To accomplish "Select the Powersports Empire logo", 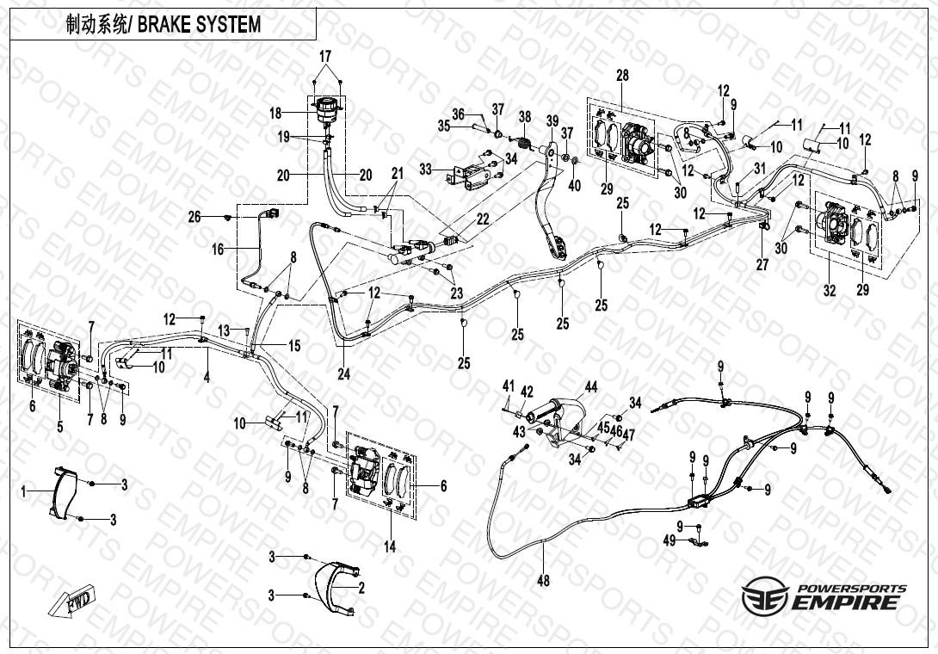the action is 824,596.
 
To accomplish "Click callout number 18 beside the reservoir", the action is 275,113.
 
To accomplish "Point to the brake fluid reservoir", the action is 327,109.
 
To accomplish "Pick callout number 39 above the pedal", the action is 552,120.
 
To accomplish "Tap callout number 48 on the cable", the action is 543,580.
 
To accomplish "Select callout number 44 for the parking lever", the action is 591,387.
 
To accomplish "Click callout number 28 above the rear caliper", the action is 623,76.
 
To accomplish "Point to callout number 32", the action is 829,291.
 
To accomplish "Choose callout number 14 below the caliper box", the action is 390,546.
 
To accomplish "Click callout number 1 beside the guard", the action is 24,492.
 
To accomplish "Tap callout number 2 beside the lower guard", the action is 361,589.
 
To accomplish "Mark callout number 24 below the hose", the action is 343,374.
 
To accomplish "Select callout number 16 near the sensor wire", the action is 218,249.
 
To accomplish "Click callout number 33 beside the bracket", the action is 425,170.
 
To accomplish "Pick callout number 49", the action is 670,541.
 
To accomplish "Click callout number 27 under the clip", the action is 762,264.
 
